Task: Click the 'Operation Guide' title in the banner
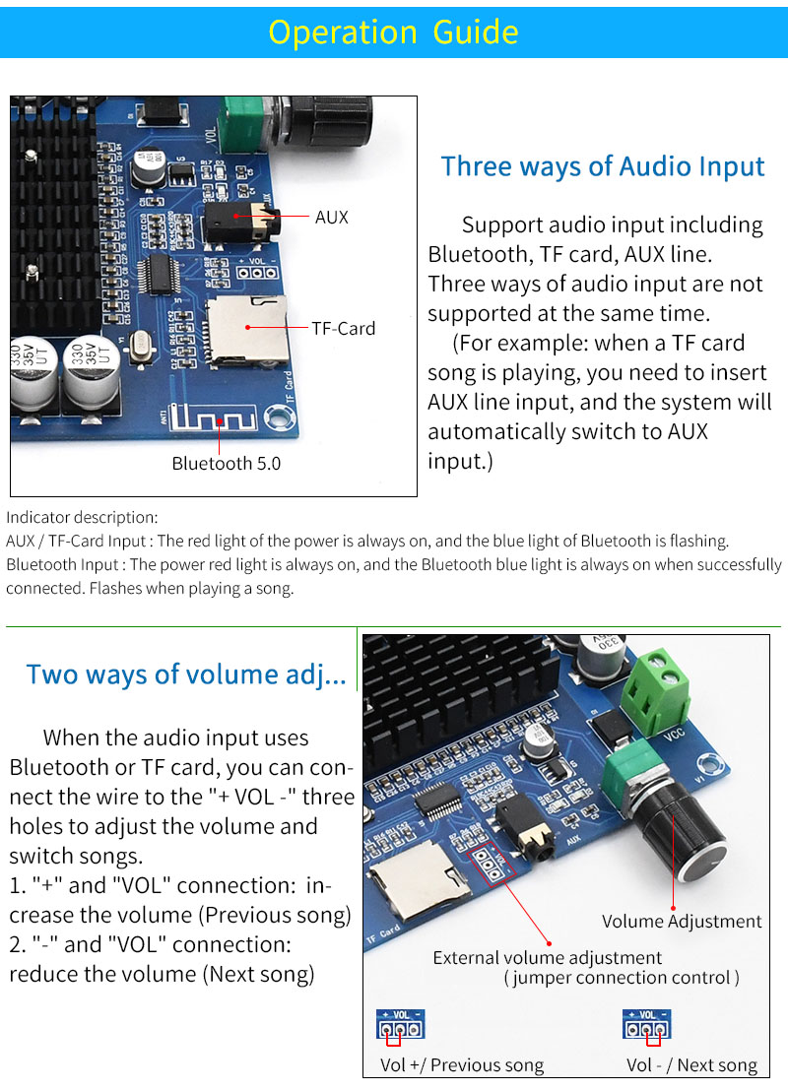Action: pos(393,32)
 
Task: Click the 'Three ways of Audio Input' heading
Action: pos(602,165)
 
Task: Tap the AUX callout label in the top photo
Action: pos(331,217)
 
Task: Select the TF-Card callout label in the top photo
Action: pos(343,328)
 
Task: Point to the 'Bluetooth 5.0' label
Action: pos(226,463)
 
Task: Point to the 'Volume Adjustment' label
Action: pos(682,922)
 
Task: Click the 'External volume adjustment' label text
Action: pos(547,957)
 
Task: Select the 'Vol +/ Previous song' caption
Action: pos(461,1064)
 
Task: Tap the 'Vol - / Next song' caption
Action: pos(691,1064)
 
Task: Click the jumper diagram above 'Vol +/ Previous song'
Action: pos(399,1026)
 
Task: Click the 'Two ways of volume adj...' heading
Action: pos(186,674)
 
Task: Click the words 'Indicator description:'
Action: pos(81,517)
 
